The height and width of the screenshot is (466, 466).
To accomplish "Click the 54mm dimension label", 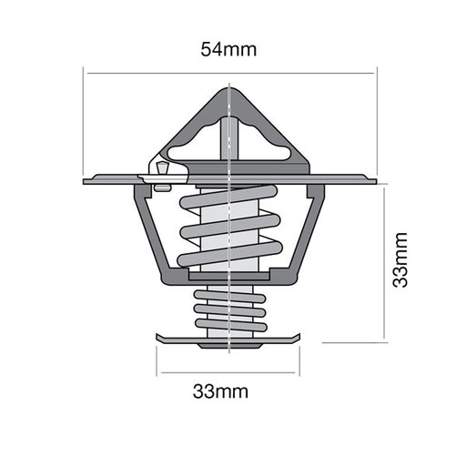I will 228,49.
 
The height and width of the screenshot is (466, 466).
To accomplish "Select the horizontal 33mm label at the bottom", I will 220,392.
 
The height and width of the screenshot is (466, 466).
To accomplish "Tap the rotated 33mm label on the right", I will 400,260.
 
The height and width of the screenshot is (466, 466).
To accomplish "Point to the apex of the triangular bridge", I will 228,89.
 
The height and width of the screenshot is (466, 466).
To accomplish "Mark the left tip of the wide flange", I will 86,180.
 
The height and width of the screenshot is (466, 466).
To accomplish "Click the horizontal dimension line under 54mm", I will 228,73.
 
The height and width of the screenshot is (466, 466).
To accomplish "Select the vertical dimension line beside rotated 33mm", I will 386,264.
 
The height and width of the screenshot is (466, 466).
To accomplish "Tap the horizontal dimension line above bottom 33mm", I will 228,372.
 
